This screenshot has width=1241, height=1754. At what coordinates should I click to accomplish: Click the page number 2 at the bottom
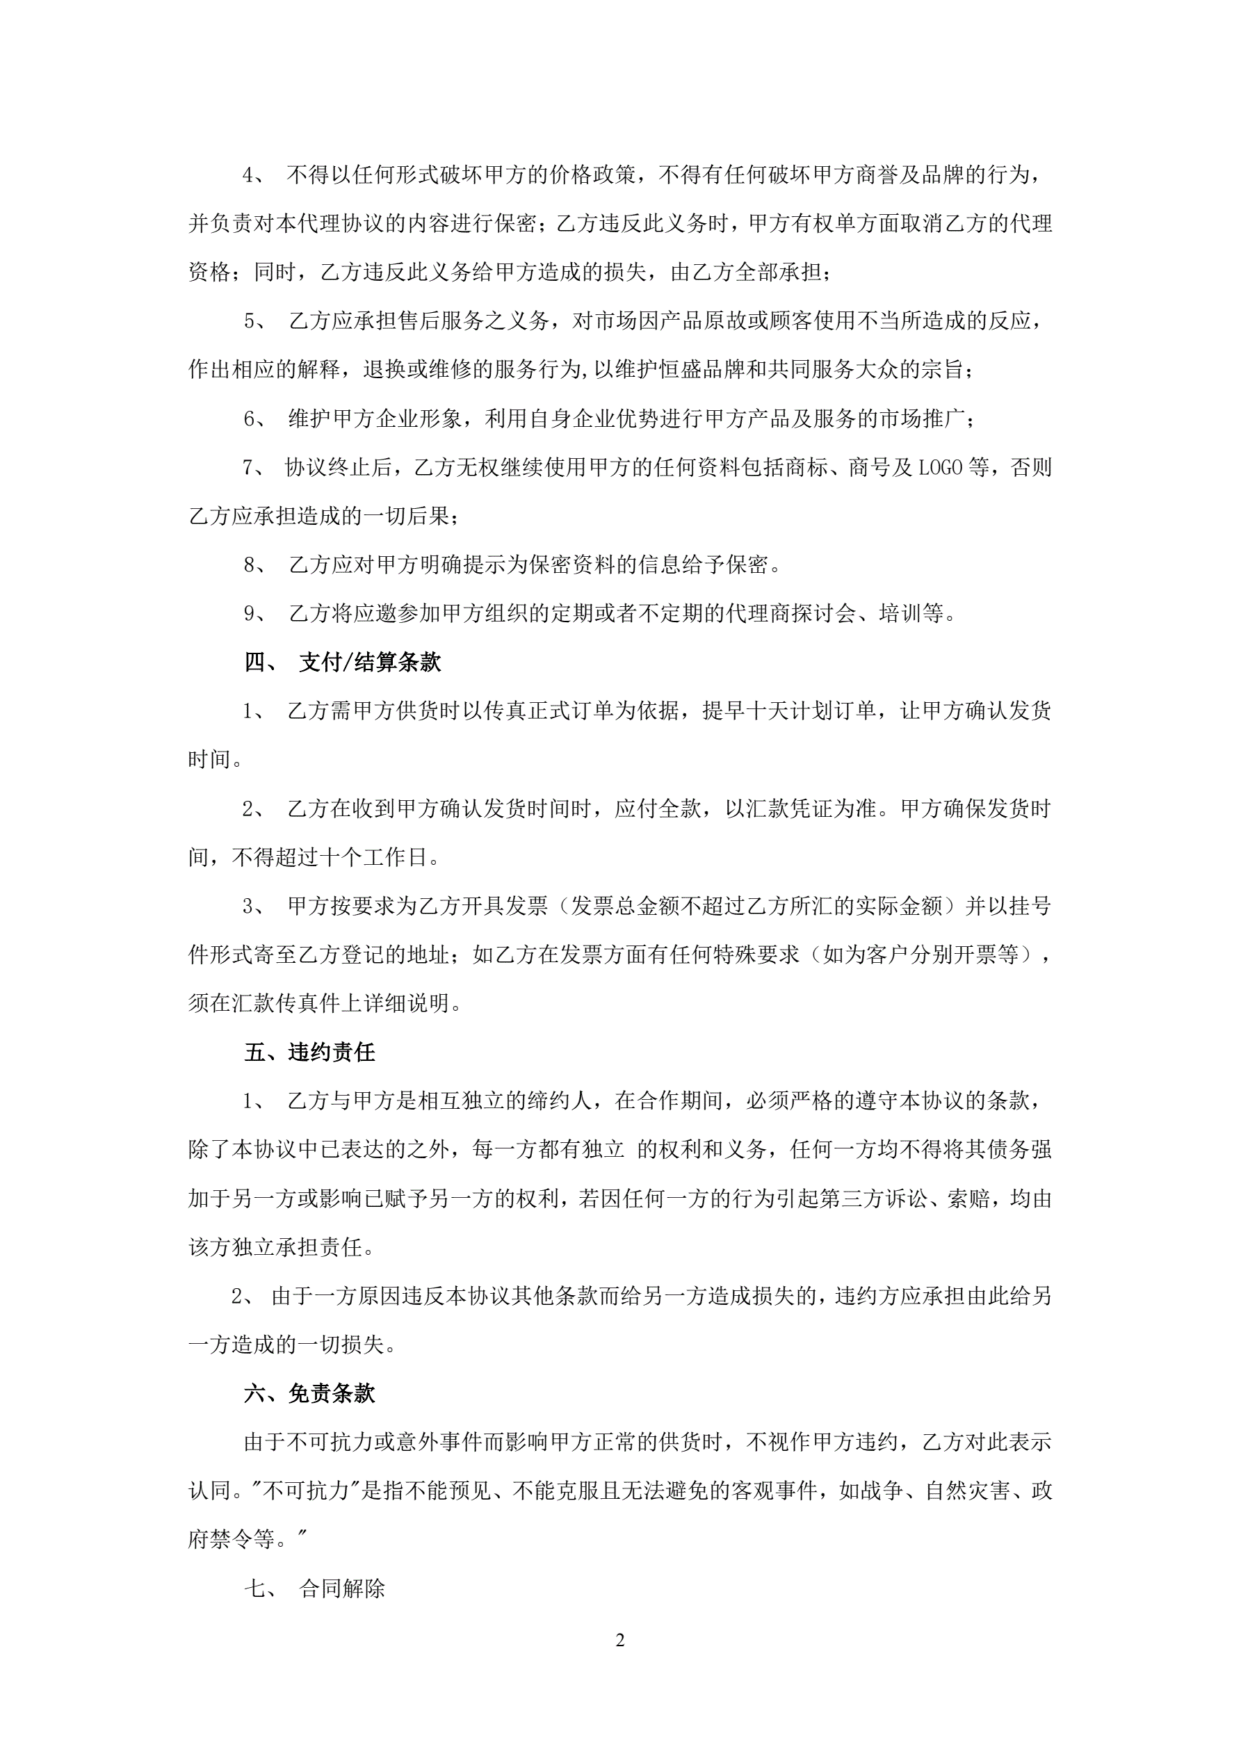619,1640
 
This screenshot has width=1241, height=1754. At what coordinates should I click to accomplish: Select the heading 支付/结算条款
370,663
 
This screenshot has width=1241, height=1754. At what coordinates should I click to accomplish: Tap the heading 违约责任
332,1053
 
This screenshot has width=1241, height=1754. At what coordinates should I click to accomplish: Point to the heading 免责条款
332,1393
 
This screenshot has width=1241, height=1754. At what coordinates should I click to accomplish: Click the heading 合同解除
341,1589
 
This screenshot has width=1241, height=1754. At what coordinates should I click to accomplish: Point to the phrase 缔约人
560,1101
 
